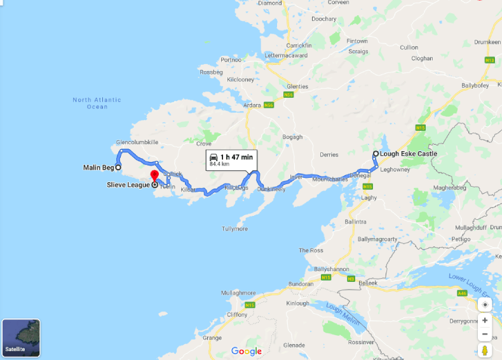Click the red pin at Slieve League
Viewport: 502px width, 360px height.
(154, 176)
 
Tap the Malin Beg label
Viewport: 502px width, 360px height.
(98, 168)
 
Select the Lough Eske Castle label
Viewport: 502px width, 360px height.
(409, 154)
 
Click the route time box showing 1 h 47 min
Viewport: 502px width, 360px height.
(231, 159)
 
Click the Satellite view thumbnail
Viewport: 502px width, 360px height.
(21, 338)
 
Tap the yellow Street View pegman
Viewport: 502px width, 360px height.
(485, 350)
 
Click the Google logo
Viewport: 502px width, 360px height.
(247, 351)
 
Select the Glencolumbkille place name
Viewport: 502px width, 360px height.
(137, 142)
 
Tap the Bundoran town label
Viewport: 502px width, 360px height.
(301, 283)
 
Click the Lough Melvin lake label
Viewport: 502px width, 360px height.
(343, 314)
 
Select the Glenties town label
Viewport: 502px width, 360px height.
(297, 86)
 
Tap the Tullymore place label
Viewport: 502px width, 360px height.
(235, 229)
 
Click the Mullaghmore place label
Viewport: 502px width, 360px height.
(238, 293)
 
